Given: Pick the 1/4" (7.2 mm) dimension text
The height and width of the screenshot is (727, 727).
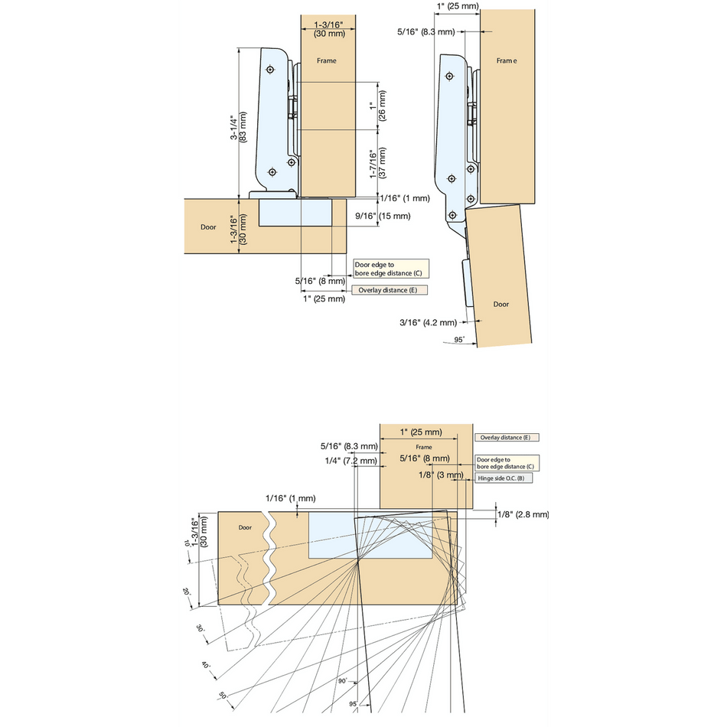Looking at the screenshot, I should pos(350,461).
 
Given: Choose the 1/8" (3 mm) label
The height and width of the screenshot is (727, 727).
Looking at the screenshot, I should pos(442,475).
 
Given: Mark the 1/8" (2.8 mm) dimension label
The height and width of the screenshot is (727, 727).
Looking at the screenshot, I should pos(523,514).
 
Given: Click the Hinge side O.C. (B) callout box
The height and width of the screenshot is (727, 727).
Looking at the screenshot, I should pos(504,478).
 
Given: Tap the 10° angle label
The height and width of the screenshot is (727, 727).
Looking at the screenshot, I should pos(186,543).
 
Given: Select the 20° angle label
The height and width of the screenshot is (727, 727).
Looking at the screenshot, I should pos(186,592).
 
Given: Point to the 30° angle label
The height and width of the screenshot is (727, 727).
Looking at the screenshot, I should pos(200,628).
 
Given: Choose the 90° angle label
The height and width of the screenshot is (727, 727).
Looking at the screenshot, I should pos(341,680).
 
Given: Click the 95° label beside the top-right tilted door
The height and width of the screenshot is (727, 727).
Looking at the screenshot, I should pos(459,339).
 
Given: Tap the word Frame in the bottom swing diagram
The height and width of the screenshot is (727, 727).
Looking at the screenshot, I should pos(424,447).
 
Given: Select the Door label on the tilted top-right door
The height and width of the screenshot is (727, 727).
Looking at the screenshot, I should pos(501,305).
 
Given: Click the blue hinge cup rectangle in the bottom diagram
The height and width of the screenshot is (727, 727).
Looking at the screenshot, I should pos(370,535).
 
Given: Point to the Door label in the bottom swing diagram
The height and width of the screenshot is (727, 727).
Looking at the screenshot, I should pos(245,527).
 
